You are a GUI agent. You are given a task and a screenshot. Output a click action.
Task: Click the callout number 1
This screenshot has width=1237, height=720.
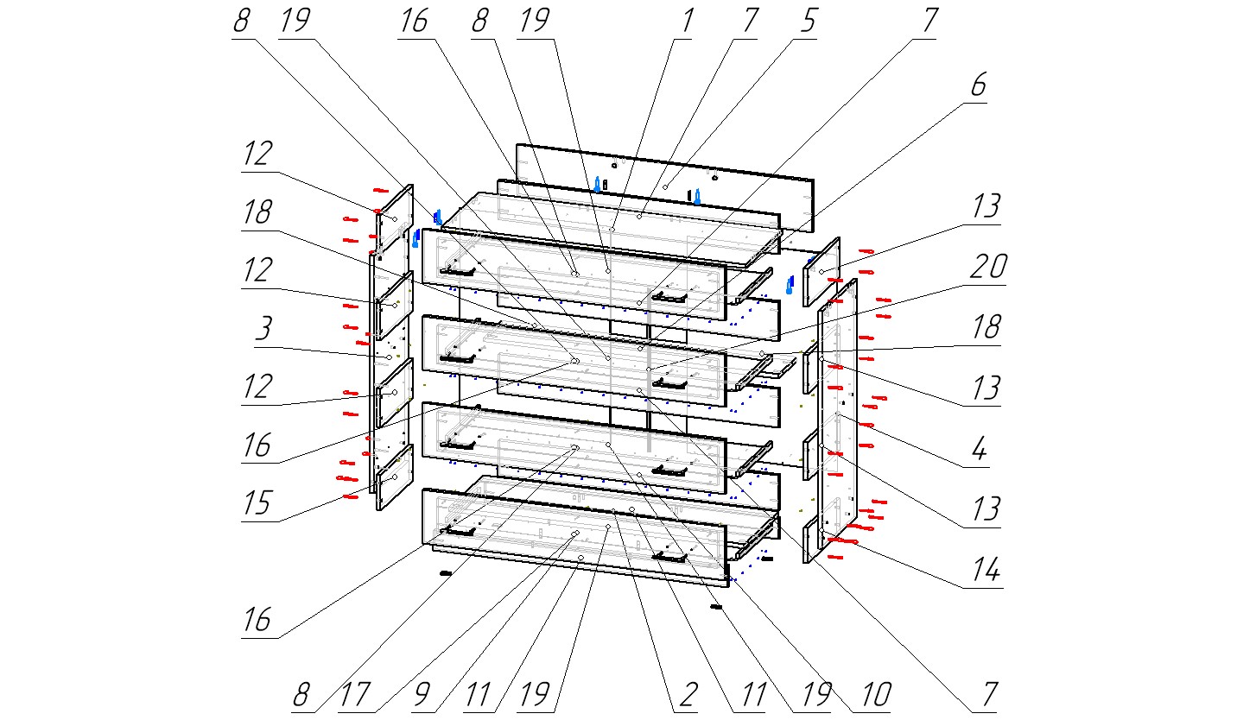[686, 22]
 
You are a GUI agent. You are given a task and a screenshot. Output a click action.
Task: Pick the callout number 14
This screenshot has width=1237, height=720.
[986, 571]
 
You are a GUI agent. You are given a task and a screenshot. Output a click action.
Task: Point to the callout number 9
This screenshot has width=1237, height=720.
[421, 695]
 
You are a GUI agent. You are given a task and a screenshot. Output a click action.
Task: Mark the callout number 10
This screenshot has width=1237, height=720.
[875, 695]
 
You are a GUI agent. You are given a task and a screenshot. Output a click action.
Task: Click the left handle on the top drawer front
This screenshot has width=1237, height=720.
[458, 271]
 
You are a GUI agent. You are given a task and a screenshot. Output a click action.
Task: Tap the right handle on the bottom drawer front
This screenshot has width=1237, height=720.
[670, 558]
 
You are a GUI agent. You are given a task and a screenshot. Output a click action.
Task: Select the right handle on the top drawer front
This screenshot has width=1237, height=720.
[670, 297]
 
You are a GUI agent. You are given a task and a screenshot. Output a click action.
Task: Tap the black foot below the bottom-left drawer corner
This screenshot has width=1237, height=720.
[446, 572]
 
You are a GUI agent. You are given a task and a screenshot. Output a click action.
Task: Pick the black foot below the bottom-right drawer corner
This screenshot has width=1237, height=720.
[715, 608]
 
